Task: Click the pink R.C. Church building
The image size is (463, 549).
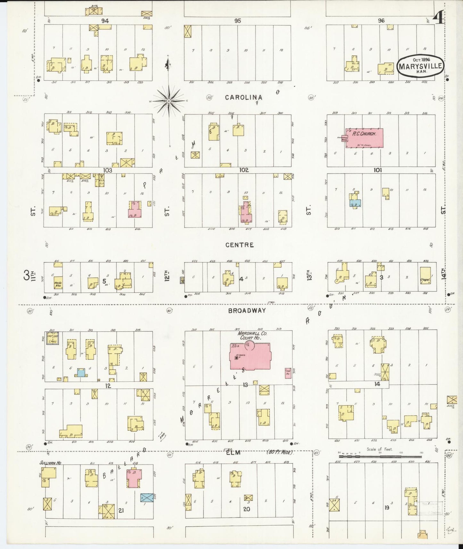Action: [364, 138]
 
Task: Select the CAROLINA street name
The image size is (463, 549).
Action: [244, 97]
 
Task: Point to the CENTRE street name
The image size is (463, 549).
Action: [239, 245]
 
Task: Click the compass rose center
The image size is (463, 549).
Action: [169, 101]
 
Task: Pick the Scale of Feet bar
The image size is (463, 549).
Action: [380, 453]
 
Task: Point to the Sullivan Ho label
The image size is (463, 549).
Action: [48, 463]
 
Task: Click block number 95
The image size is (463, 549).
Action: [237, 21]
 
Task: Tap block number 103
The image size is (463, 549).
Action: [108, 170]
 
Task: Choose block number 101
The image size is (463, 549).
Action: [377, 170]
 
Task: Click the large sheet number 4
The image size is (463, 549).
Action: [438, 17]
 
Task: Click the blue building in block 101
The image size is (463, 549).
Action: [355, 202]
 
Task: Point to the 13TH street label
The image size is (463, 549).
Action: [309, 275]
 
